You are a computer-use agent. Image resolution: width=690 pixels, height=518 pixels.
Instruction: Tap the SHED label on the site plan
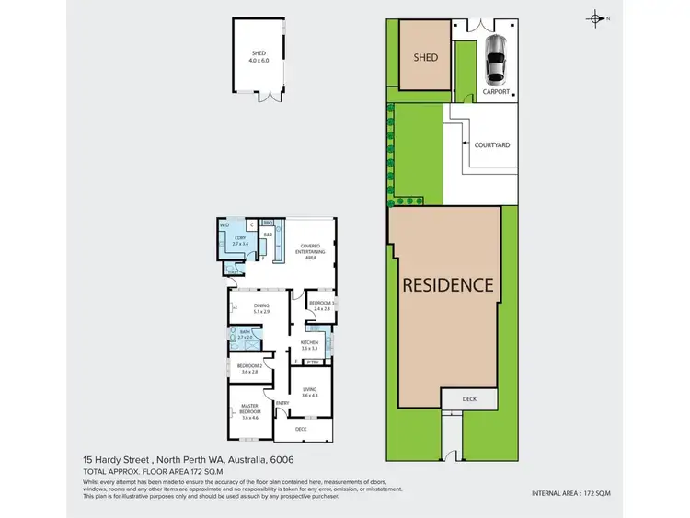(424, 57)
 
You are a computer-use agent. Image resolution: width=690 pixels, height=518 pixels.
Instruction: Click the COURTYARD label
(492, 145)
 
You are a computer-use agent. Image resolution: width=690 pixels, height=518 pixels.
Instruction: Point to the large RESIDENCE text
(448, 285)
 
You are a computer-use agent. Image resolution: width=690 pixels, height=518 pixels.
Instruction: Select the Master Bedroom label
(249, 411)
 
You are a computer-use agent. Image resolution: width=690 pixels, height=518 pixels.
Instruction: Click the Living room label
(310, 391)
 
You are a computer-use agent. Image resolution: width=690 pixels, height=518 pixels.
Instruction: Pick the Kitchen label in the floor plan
(309, 345)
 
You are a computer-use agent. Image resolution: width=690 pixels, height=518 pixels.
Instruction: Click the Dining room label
(261, 308)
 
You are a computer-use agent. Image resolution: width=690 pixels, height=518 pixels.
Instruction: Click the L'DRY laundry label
(239, 241)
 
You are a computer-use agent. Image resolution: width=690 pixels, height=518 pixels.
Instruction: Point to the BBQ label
(269, 223)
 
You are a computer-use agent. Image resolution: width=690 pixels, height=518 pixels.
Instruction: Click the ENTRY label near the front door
(282, 402)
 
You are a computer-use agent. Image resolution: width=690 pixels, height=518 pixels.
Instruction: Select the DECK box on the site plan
(468, 399)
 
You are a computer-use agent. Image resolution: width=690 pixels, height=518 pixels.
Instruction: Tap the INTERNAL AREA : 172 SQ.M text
(571, 494)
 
